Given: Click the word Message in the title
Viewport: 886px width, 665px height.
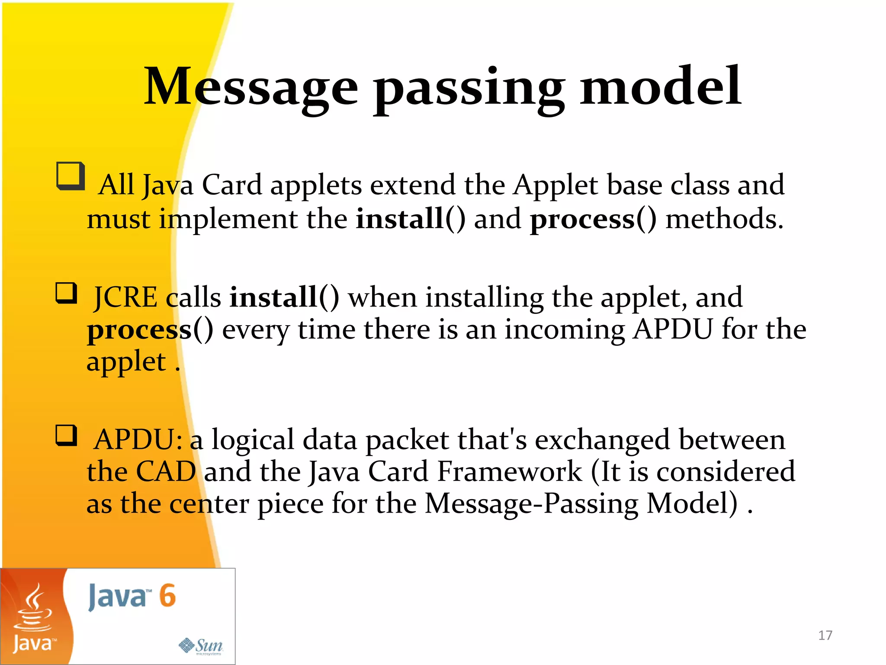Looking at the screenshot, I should (x=251, y=87).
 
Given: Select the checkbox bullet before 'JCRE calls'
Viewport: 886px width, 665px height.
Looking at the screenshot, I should (x=67, y=293).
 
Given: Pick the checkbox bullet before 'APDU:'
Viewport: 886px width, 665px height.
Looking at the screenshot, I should (x=67, y=436).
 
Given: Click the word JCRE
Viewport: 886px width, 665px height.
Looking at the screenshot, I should (x=126, y=298).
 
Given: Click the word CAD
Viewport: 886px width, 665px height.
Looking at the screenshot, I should (x=166, y=471).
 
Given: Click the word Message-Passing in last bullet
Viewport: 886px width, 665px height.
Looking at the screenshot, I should (x=531, y=504).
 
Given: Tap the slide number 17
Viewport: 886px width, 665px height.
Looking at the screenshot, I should (x=825, y=635).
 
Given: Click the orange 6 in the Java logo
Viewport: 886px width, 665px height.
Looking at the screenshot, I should (x=167, y=596).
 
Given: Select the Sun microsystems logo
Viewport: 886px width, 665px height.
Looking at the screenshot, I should (x=201, y=646).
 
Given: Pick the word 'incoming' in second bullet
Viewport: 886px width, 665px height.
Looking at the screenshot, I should (x=565, y=330).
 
